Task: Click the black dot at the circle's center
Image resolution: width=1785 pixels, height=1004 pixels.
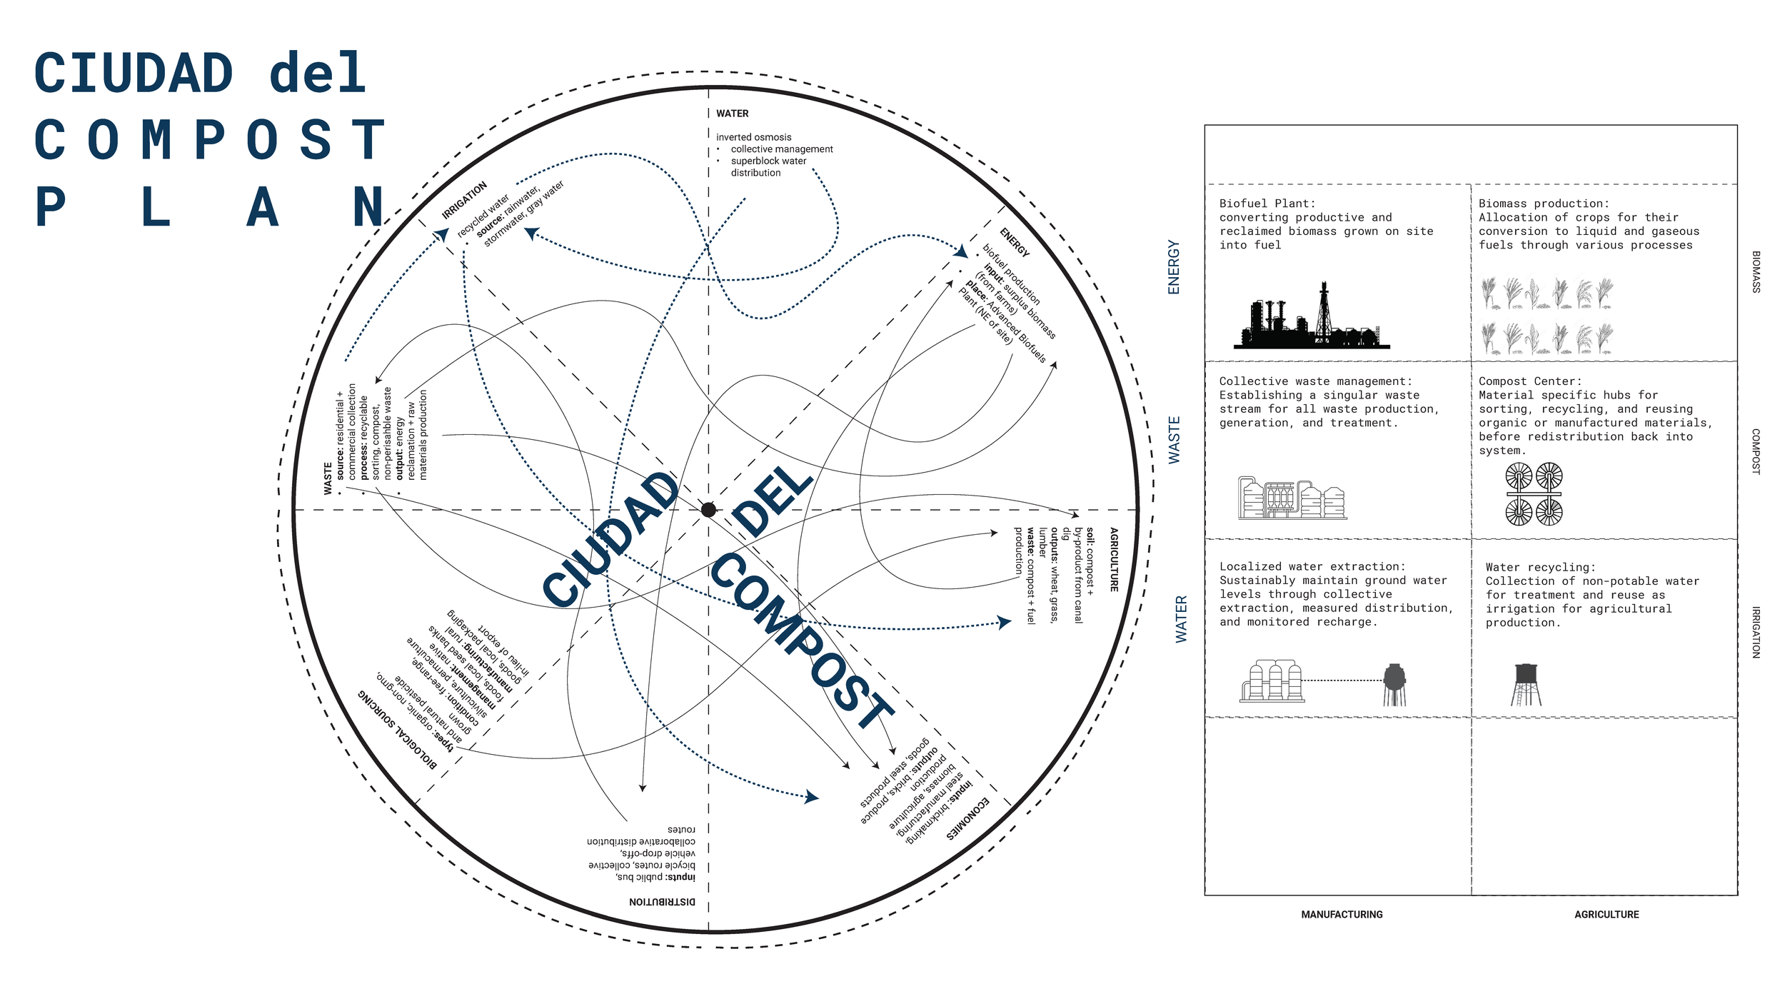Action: pyautogui.click(x=708, y=510)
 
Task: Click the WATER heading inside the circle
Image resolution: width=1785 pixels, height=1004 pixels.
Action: pyautogui.click(x=733, y=114)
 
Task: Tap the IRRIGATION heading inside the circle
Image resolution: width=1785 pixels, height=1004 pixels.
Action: pyautogui.click(x=464, y=200)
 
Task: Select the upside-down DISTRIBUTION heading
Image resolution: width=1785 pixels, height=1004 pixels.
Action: pyautogui.click(x=662, y=902)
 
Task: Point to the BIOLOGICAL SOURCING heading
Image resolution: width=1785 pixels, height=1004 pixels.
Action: pyautogui.click(x=398, y=728)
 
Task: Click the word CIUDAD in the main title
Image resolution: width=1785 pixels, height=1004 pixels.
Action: pyautogui.click(x=134, y=74)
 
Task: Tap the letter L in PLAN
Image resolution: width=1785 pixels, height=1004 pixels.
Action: pyautogui.click(x=156, y=207)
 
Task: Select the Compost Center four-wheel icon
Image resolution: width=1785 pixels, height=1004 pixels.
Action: pyautogui.click(x=1534, y=493)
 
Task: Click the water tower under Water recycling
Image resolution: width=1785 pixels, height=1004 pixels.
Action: pyautogui.click(x=1526, y=684)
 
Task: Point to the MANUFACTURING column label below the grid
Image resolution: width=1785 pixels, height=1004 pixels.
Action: pyautogui.click(x=1342, y=915)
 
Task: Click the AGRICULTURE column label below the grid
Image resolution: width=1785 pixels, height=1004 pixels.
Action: pyautogui.click(x=1606, y=915)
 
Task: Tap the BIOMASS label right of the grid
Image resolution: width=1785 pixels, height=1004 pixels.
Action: pyautogui.click(x=1756, y=272)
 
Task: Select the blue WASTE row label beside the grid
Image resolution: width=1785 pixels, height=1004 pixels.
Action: pyautogui.click(x=1175, y=441)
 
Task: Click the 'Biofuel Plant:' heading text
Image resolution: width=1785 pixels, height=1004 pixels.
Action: pyautogui.click(x=1267, y=204)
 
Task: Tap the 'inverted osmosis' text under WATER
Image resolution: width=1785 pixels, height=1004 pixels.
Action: pyautogui.click(x=754, y=137)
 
